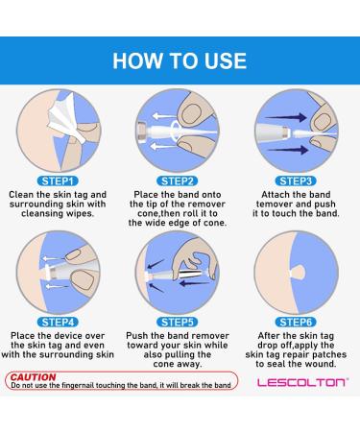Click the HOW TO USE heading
point(180,60)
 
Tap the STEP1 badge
point(58,181)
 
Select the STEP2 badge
point(177,181)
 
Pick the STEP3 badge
point(296,181)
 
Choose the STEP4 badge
point(58,323)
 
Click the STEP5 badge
point(177,323)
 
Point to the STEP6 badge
point(296,323)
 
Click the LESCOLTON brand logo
point(302,382)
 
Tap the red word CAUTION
point(33,377)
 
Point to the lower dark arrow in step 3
point(288,150)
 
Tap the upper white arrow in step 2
point(163,116)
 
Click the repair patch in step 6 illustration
point(298,273)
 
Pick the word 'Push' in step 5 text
point(136,336)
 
